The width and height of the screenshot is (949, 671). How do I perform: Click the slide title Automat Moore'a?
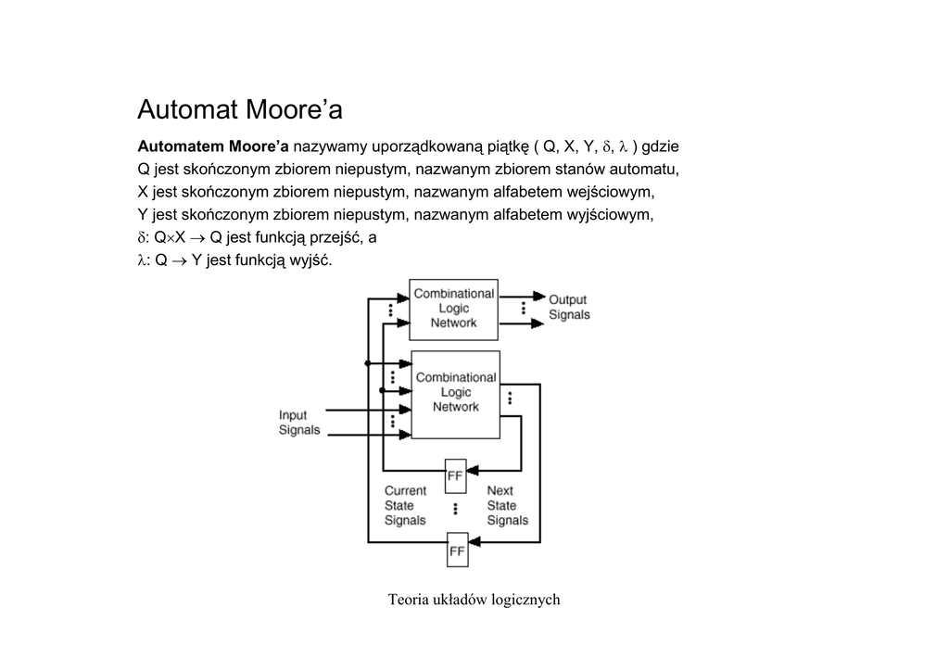click(x=240, y=109)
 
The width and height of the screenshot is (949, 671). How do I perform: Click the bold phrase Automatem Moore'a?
click(x=213, y=146)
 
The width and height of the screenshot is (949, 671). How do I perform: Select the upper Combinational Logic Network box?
click(x=453, y=309)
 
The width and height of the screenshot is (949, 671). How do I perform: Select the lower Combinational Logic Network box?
click(x=455, y=394)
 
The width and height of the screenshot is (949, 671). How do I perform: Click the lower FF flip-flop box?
click(x=457, y=550)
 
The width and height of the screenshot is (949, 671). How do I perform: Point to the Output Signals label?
click(x=569, y=307)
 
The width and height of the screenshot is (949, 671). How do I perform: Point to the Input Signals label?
click(x=299, y=423)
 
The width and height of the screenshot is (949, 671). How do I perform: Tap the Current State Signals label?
click(x=405, y=505)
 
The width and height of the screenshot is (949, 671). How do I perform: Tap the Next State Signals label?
click(x=507, y=505)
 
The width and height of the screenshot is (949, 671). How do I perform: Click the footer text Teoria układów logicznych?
click(x=474, y=600)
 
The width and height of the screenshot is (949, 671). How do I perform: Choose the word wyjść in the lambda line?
click(x=310, y=260)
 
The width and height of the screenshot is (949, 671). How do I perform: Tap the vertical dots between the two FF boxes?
click(x=456, y=510)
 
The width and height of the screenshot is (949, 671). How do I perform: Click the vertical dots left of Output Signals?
click(x=524, y=308)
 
